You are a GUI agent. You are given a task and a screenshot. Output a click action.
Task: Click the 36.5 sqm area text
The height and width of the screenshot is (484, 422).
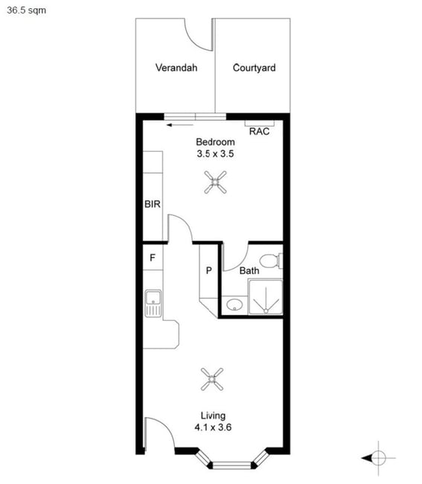27,10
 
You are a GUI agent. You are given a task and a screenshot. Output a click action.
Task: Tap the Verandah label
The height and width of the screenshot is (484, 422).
176,68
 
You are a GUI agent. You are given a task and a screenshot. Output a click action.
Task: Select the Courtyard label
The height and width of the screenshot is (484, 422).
255,68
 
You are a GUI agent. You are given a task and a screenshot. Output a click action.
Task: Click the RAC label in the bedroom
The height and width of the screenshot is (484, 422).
259,132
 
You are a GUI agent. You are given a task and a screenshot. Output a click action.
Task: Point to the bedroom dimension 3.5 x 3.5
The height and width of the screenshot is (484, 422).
215,153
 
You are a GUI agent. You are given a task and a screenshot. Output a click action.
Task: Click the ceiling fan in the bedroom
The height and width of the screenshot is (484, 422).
215,182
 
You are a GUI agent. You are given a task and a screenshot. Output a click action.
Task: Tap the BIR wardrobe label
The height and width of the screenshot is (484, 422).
153,204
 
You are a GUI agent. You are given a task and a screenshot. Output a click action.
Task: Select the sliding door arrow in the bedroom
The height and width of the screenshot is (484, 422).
180,125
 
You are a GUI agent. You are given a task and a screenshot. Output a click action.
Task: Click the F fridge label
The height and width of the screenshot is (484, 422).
153,258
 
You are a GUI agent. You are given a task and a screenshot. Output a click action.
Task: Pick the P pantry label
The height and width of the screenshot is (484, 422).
209,271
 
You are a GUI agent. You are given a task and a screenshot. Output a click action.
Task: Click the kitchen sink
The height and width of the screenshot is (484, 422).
153,303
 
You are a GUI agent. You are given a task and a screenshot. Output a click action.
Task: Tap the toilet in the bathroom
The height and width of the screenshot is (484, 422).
271,261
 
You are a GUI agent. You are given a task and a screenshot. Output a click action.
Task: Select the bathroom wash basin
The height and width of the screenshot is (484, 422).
234,305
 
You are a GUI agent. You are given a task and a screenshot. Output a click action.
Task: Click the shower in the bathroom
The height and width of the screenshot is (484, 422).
266,297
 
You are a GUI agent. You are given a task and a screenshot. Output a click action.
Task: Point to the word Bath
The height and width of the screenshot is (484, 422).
249,271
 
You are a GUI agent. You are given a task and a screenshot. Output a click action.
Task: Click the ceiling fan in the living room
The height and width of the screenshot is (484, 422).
211,379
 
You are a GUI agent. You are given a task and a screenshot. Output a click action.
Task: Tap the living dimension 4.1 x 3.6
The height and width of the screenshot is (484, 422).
213,427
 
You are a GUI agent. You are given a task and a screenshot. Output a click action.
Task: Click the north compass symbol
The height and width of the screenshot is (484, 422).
379,458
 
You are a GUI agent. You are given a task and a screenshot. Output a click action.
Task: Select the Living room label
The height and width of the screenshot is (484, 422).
213,416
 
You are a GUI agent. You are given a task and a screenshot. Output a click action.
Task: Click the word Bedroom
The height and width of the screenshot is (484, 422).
215,142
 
